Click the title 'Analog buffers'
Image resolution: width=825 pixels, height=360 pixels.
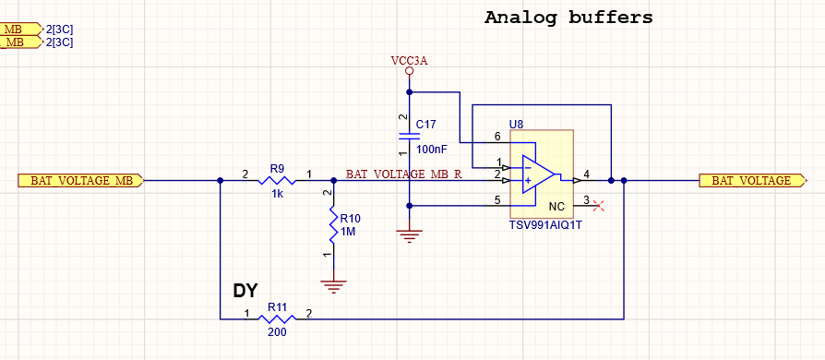pyautogui.click(x=568, y=18)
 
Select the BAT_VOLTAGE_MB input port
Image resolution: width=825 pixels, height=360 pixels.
pyautogui.click(x=82, y=181)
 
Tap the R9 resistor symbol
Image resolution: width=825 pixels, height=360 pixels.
pyautogui.click(x=277, y=181)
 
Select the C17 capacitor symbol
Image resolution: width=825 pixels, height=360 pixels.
pyautogui.click(x=409, y=135)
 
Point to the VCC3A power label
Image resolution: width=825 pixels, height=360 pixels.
pyautogui.click(x=409, y=61)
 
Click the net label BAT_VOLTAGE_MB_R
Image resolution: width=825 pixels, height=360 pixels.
pyautogui.click(x=402, y=174)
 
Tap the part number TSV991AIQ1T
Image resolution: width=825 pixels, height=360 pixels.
pyautogui.click(x=545, y=224)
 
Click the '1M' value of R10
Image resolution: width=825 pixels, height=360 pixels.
pyautogui.click(x=349, y=232)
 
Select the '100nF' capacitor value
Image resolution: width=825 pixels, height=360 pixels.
pyautogui.click(x=432, y=149)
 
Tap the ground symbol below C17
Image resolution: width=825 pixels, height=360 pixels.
pyautogui.click(x=409, y=236)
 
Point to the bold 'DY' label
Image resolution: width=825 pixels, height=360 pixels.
pyautogui.click(x=245, y=292)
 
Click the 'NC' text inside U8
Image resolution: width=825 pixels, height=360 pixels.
pyautogui.click(x=556, y=206)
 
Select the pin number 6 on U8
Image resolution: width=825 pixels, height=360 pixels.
pyautogui.click(x=498, y=137)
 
